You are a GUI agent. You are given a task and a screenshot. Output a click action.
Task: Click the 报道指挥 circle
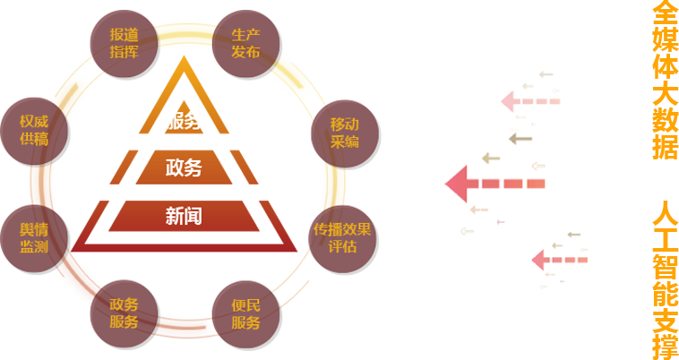(x=124, y=42)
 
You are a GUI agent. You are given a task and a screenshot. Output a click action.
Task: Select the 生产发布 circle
(x=245, y=42)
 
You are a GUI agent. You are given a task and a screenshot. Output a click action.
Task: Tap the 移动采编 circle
(x=344, y=131)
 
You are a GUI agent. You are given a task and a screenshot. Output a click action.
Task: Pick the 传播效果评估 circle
(x=341, y=236)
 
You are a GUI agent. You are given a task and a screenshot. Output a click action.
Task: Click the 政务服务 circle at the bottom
(x=124, y=313)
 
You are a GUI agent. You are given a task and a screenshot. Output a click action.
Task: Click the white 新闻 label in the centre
(x=184, y=215)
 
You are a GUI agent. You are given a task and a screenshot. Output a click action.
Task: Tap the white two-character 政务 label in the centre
(x=184, y=167)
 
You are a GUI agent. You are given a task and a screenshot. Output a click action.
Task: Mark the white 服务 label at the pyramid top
(x=183, y=120)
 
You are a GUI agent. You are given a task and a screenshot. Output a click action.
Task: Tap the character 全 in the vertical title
(x=664, y=12)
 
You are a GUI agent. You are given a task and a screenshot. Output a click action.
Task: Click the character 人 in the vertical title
(x=664, y=216)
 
